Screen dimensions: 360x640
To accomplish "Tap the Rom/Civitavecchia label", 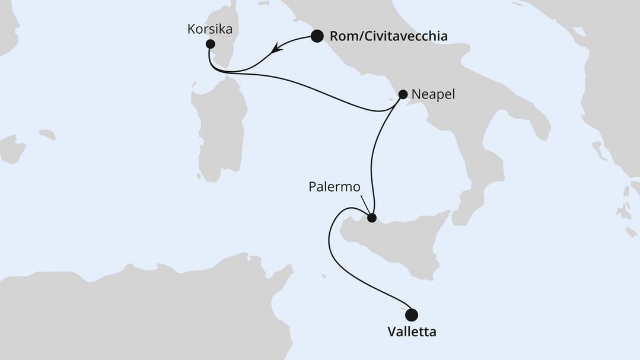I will click(x=388, y=37).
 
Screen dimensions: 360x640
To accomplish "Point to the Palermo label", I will click(x=335, y=187).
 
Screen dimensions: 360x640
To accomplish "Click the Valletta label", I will click(x=412, y=332).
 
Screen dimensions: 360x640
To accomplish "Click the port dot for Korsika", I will click(x=210, y=44).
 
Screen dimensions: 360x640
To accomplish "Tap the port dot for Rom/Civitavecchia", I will click(x=317, y=36).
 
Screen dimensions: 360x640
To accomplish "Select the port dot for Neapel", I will click(x=403, y=94).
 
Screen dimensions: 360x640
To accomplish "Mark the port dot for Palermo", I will click(x=372, y=218).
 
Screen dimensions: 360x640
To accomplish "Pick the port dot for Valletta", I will click(x=411, y=314).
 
